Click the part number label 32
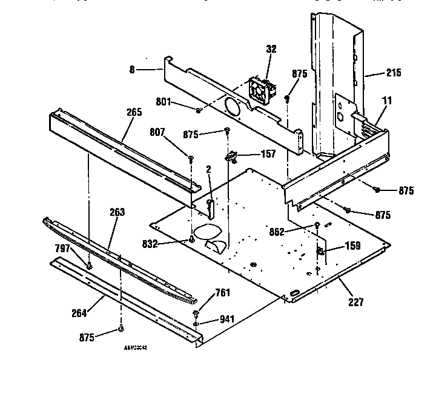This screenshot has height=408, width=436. pos(271,49)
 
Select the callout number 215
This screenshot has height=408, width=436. pos(393,73)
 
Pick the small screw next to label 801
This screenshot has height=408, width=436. pos(199,109)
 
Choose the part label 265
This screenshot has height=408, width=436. pos(134,112)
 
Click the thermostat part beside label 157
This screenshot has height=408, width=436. pos(230,158)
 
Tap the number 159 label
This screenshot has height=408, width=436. pos(352,246)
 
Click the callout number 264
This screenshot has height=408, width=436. pos(79,313)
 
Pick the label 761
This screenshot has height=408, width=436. pos(223,293)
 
